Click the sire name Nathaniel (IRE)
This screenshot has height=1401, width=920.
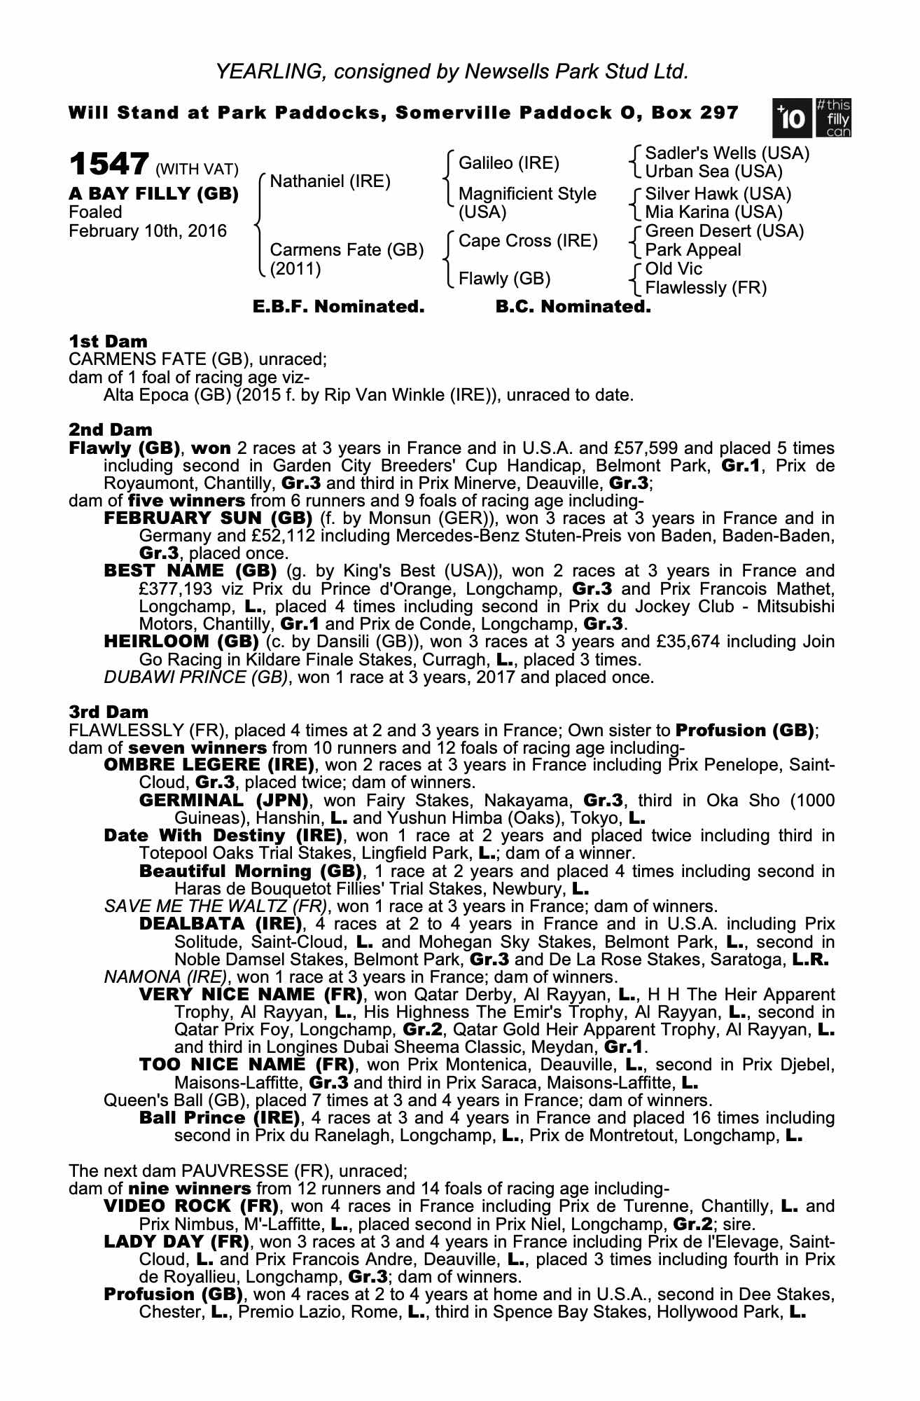(x=330, y=181)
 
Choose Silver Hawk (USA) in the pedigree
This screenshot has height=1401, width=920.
(x=718, y=193)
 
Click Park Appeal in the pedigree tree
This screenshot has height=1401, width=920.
(x=692, y=250)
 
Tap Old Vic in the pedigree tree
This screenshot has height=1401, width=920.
(x=674, y=269)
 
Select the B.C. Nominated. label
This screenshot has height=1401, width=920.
(x=573, y=307)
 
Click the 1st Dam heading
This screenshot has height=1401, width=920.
(x=109, y=342)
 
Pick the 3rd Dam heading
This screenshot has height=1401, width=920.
(x=109, y=712)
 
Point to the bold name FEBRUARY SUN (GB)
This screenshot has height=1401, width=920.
(x=208, y=518)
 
